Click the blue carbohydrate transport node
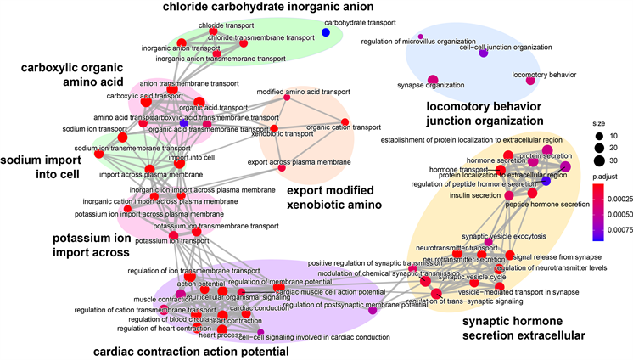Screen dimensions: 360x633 [325, 32]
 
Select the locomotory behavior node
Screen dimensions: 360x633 [530, 82]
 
